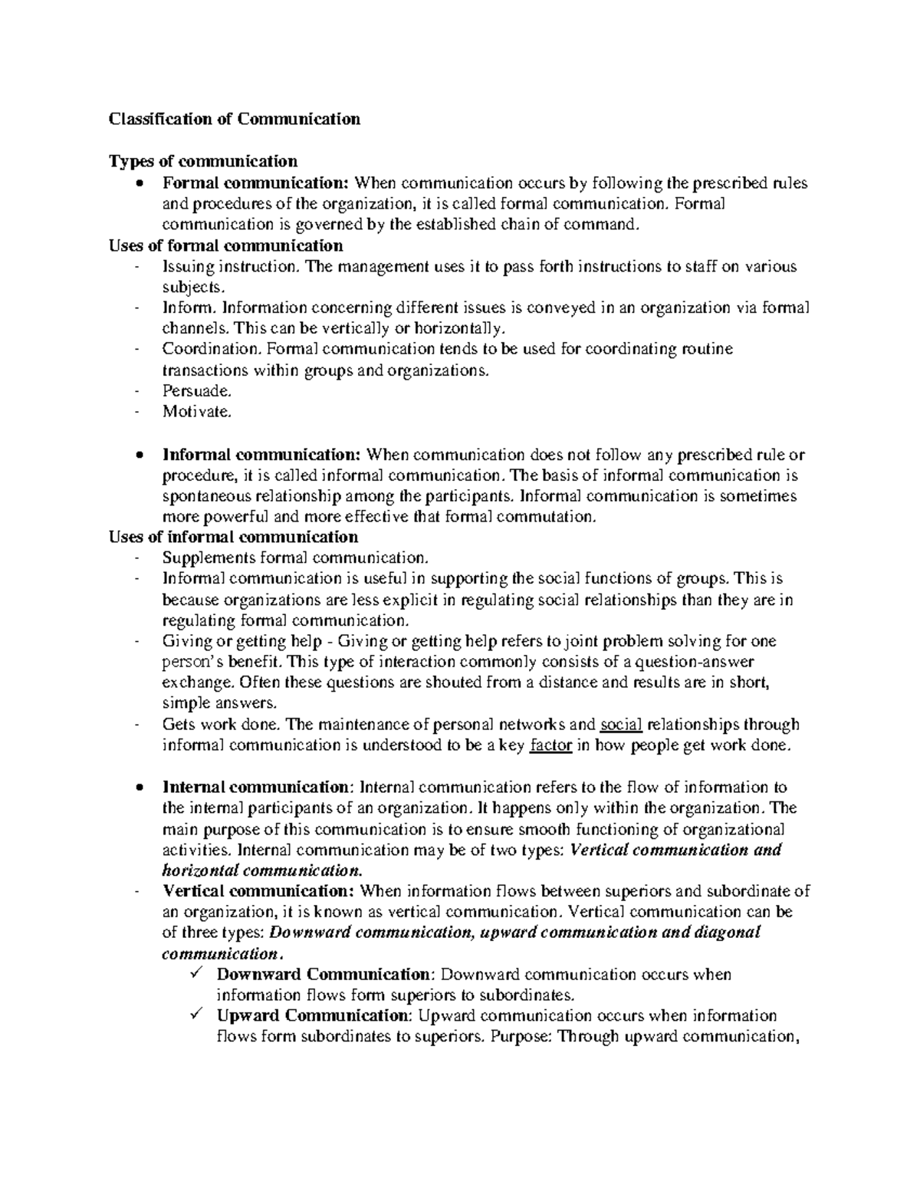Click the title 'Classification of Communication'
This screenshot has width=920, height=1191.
[234, 119]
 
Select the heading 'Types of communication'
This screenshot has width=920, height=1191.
[203, 161]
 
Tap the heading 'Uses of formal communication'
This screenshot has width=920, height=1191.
[225, 245]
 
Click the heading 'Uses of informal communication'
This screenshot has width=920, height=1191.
[233, 537]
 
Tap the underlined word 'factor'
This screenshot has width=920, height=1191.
[551, 745]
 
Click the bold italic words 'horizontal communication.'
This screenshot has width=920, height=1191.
[261, 870]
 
